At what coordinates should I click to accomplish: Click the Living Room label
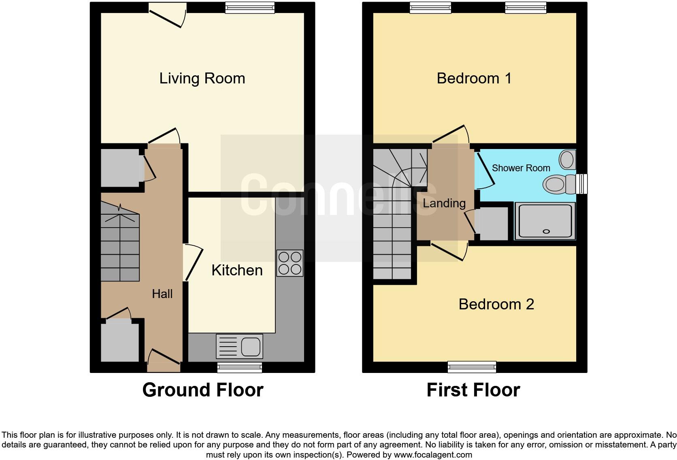[202, 78]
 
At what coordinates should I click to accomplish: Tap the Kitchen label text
[237, 270]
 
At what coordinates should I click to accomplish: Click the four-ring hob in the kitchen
[290, 263]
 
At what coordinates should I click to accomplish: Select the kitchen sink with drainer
[239, 346]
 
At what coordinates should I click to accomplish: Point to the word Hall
[162, 294]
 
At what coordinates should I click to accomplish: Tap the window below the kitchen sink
[240, 368]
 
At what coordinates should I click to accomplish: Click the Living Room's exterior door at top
[167, 15]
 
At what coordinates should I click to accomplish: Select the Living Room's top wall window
[250, 7]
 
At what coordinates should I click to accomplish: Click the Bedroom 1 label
[474, 78]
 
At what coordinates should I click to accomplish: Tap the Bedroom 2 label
[496, 304]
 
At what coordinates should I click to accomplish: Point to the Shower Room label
[521, 168]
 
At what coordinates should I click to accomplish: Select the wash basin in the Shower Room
[567, 160]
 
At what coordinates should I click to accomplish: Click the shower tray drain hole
[546, 232]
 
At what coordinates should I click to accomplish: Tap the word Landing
[444, 203]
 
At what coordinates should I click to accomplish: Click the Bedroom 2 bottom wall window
[472, 367]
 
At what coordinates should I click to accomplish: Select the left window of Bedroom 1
[430, 7]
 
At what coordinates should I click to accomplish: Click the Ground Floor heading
[203, 390]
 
